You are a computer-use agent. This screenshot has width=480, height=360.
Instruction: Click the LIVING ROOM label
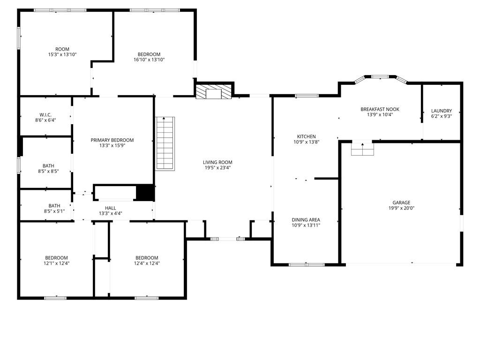pyautogui.click(x=217, y=162)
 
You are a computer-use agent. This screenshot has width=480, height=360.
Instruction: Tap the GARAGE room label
pyautogui.click(x=401, y=202)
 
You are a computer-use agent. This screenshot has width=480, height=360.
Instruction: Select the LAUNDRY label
pyautogui.click(x=442, y=111)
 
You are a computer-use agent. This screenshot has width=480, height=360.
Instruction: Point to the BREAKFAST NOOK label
pyautogui.click(x=380, y=109)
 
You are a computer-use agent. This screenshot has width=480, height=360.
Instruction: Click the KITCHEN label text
pyautogui.click(x=307, y=136)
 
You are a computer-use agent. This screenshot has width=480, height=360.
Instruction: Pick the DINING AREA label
pyautogui.click(x=306, y=220)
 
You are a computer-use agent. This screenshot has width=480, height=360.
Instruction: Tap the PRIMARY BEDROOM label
pyautogui.click(x=112, y=140)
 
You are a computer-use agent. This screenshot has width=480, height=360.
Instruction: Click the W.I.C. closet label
pyautogui.click(x=45, y=115)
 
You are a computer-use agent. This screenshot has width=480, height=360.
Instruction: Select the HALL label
pyautogui.click(x=111, y=208)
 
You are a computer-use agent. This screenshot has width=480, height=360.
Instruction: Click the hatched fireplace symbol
pyautogui.click(x=214, y=91)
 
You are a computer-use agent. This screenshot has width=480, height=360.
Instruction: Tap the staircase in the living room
pyautogui.click(x=165, y=143)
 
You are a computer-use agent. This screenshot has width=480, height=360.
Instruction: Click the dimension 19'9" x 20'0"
pyautogui.click(x=401, y=208)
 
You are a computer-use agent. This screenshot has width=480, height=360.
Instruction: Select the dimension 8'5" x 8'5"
pyautogui.click(x=48, y=172)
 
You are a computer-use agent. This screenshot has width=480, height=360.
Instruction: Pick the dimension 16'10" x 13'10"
pyautogui.click(x=149, y=60)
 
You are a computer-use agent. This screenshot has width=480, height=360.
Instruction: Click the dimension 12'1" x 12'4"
pyautogui.click(x=57, y=263)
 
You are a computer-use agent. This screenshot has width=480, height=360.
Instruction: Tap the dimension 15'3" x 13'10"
pyautogui.click(x=62, y=54)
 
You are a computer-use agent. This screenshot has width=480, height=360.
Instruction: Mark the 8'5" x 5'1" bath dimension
pyautogui.click(x=54, y=211)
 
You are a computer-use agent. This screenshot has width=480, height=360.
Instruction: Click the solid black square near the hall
pyautogui.click(x=145, y=193)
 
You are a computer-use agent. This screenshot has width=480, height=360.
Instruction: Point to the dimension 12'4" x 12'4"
pyautogui.click(x=147, y=263)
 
